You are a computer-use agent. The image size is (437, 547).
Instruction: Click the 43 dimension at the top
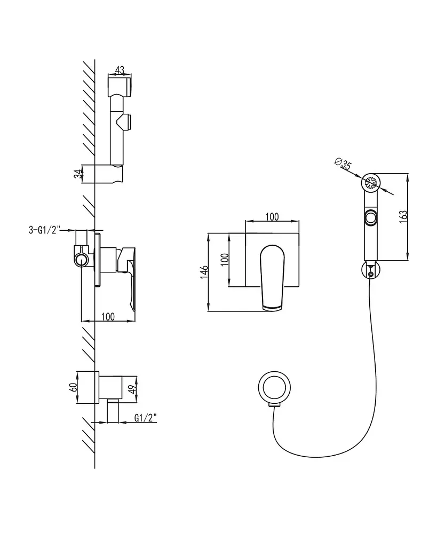coord(120,70)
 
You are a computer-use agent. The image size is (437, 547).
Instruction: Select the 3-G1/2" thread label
coord(44,230)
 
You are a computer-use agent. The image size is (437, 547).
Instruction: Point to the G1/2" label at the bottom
coord(146,418)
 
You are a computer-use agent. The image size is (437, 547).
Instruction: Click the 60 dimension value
coord(73,387)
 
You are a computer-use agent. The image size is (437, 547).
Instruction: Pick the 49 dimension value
coord(131,389)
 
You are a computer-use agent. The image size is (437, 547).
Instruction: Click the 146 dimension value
coord(204,272)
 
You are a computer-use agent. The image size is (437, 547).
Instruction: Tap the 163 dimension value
coord(403,217)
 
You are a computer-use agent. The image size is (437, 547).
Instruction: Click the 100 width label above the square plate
coord(272,217)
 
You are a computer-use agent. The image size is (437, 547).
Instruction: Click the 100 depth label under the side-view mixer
coord(108,316)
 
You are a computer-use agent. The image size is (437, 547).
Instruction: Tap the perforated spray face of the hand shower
coord(371,183)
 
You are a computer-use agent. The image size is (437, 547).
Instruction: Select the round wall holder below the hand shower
coord(370,270)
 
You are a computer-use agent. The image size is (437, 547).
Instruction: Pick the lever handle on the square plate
coord(273,278)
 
